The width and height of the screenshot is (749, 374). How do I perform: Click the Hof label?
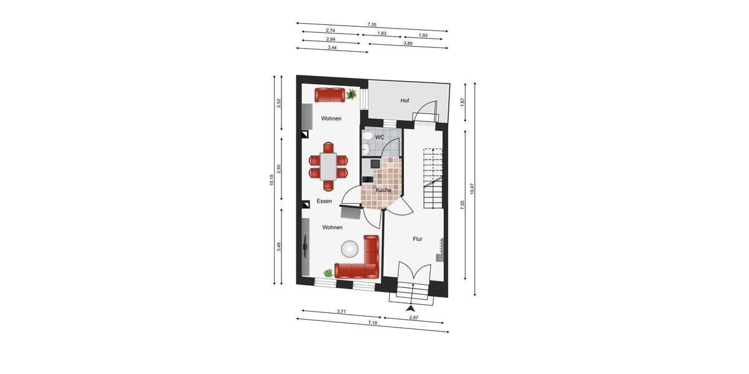coord(404,100)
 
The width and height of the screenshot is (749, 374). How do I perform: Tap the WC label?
coord(379,137)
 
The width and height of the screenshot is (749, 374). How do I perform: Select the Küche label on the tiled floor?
coord(383,189)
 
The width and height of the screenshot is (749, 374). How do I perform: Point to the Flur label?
coord(418,239)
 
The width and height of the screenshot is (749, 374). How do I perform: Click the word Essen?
coord(324,201)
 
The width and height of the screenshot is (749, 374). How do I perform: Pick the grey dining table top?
coord(328,166)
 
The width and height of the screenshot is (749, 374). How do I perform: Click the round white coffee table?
coord(349,249)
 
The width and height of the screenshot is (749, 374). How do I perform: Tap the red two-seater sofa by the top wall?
coord(329,95)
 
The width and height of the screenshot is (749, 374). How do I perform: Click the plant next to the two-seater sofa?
coord(352,94)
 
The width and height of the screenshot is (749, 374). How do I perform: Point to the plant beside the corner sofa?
coord(328,272)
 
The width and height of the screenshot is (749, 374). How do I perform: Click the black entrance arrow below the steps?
coord(410,308)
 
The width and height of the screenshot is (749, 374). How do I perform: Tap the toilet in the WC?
coord(368,136)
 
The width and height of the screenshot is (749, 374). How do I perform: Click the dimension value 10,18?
coord(272,180)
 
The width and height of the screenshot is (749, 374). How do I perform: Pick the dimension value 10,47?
coord(472,188)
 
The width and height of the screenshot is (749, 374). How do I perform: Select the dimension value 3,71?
coord(341,311)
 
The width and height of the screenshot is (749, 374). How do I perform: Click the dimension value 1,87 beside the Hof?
coord(462,101)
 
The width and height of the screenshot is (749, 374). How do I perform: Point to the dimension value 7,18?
coord(373,323)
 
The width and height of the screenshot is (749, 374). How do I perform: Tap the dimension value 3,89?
coord(408,44)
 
